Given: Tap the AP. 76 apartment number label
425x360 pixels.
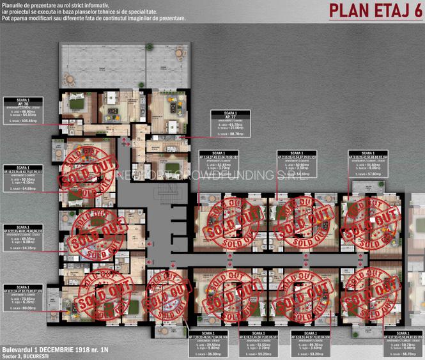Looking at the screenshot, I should pyautogui.click(x=23, y=106).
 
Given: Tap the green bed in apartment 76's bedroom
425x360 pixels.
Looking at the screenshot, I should pyautogui.click(x=77, y=102).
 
